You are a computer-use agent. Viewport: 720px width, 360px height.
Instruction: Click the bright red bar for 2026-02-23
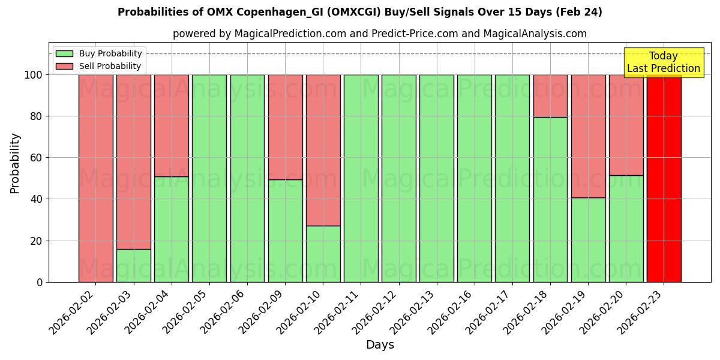664,178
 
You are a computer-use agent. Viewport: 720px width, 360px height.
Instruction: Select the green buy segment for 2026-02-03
133,265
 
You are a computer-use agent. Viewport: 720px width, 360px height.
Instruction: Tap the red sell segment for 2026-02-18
550,96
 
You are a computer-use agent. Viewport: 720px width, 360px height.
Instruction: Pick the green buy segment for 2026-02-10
323,254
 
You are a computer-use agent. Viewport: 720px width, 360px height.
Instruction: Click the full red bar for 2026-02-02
95,178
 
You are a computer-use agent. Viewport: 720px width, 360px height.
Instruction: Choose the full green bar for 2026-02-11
361,178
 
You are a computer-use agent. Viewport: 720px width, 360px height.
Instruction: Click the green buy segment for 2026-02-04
171,229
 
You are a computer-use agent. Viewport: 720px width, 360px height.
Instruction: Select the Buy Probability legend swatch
64,54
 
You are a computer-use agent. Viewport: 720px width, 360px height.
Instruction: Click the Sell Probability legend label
110,67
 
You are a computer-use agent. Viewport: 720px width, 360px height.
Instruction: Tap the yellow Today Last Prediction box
664,62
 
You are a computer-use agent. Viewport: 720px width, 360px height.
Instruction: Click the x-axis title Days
380,345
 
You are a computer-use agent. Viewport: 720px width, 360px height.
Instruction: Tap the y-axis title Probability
15,163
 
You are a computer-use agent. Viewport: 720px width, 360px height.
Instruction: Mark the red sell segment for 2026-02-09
285,127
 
